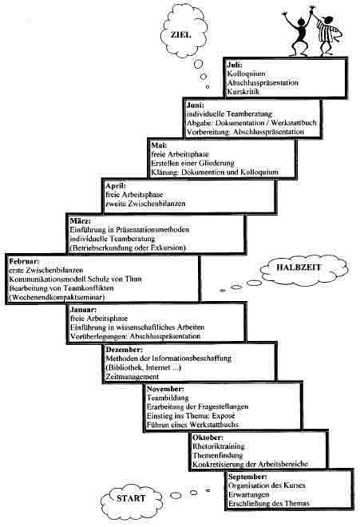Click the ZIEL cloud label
[x=181, y=34]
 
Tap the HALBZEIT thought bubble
[x=304, y=270]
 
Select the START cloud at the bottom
[x=131, y=497]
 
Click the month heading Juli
[x=235, y=65]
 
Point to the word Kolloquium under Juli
[x=247, y=73]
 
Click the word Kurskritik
[x=243, y=91]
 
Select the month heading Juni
[x=196, y=105]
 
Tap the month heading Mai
[x=159, y=145]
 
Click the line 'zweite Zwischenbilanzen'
[x=145, y=204]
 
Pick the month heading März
[x=81, y=221]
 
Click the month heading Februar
[x=24, y=261]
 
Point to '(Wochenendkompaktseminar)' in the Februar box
[x=57, y=297]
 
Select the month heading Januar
[x=83, y=309]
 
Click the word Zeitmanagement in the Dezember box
[x=132, y=376]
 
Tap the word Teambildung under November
[x=168, y=398]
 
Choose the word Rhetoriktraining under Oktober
[x=219, y=446]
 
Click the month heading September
[x=247, y=477]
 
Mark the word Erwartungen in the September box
[x=249, y=495]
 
